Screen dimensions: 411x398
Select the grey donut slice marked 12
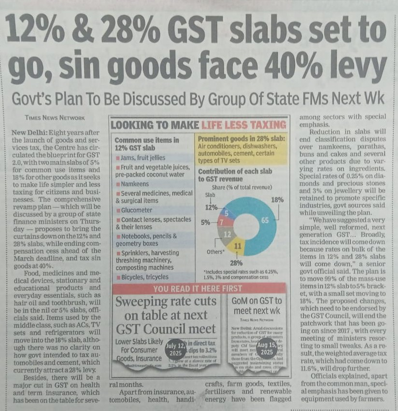225,234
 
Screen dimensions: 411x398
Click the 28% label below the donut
236,263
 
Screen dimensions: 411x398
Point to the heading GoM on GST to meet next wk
257,305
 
